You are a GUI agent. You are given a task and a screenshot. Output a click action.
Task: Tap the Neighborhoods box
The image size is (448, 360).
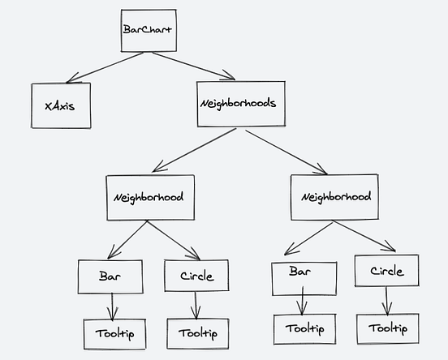(x=240, y=104)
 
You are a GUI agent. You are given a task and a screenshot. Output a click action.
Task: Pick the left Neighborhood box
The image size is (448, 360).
(x=150, y=197)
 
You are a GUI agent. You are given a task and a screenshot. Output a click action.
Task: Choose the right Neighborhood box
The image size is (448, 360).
(x=334, y=197)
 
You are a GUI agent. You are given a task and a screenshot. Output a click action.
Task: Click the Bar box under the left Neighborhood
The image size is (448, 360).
(x=110, y=276)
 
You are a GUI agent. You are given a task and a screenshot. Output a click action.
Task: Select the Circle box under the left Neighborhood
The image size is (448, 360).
(x=195, y=276)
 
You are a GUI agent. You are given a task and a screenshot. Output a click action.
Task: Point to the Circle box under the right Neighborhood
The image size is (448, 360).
(x=386, y=271)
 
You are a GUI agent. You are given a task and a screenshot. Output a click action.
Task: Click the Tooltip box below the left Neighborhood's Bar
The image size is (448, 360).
(x=114, y=333)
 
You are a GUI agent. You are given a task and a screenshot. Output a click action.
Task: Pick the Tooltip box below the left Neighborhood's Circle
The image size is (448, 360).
(x=197, y=333)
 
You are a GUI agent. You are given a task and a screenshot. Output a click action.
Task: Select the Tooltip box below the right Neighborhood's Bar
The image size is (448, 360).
(x=304, y=329)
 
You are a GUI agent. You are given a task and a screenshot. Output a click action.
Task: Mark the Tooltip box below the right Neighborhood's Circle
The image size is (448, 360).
(x=388, y=328)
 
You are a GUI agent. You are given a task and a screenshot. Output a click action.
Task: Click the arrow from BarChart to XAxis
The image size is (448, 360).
(x=106, y=67)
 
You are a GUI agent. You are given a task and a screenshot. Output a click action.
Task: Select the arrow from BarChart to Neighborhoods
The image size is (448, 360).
(x=192, y=66)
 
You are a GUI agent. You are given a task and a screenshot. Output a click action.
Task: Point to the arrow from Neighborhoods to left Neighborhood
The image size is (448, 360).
(x=195, y=150)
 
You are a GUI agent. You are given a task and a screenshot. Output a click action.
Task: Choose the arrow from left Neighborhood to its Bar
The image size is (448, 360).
(x=128, y=241)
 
